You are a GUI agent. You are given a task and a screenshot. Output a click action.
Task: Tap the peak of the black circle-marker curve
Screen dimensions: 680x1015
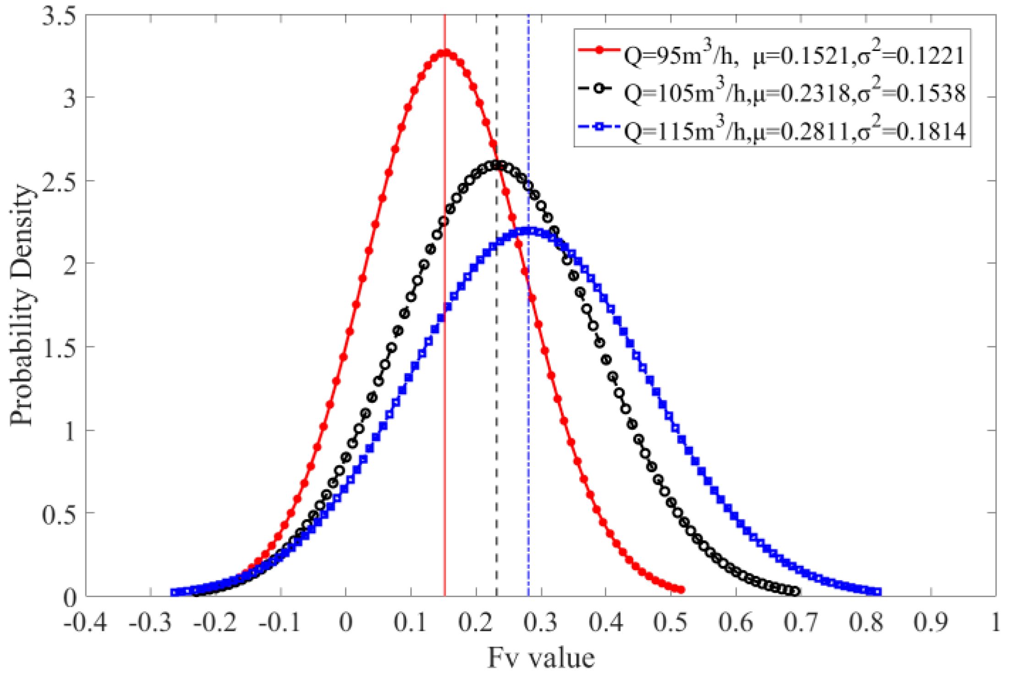[x=497, y=165]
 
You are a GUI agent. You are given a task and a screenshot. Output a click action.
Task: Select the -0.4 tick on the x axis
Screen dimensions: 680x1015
[x=85, y=623]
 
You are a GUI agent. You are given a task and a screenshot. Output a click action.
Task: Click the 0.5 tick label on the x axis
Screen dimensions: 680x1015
[x=671, y=623]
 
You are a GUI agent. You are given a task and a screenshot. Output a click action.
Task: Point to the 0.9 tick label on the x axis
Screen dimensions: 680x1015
[x=931, y=623]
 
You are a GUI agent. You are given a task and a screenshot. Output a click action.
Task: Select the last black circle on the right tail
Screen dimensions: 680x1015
[x=796, y=592]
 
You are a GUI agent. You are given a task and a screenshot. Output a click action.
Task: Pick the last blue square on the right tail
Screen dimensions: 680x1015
[x=878, y=592]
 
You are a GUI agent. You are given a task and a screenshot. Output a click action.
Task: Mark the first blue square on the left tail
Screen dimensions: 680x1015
[x=174, y=592]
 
